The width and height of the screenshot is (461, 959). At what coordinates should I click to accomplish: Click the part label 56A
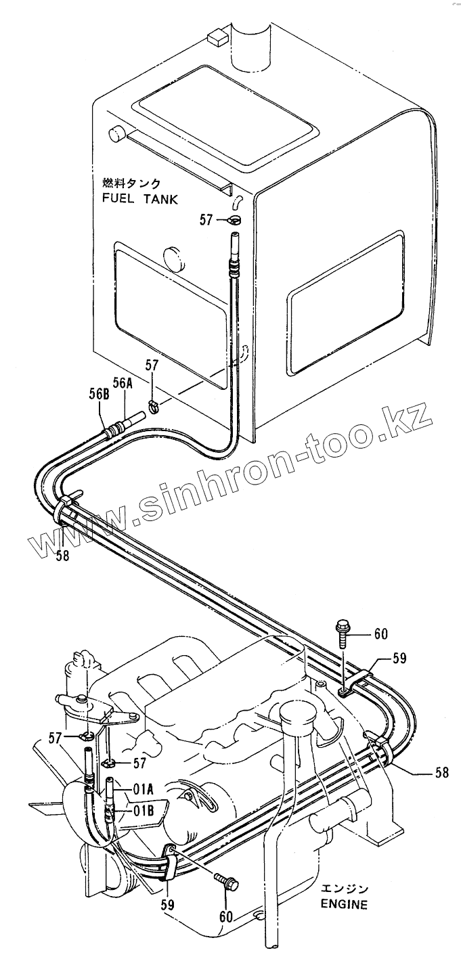point(123,382)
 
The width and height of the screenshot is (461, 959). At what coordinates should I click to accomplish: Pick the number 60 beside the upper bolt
point(380,633)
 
